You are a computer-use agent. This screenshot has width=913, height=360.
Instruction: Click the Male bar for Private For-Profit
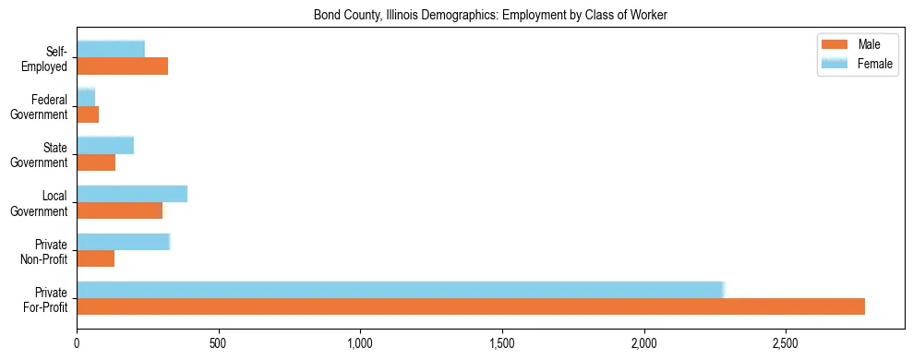point(471,306)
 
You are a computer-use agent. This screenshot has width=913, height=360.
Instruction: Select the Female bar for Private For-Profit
point(400,289)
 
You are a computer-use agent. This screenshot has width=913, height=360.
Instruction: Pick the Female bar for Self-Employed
point(111,49)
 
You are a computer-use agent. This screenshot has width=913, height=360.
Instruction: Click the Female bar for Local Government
point(132,193)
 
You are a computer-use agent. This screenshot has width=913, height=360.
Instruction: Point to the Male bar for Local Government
point(119,210)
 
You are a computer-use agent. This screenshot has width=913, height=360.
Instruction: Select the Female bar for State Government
point(105,145)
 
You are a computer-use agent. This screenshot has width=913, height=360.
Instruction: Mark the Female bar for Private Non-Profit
point(123,242)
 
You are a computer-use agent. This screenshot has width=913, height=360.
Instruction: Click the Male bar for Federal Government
point(88,114)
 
